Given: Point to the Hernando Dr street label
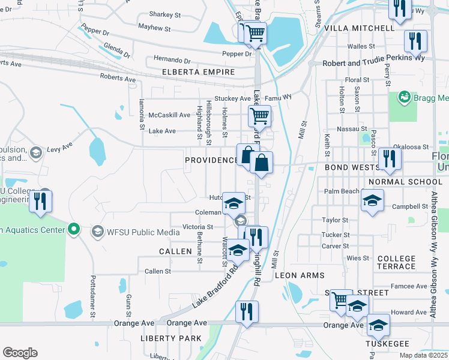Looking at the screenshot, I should click(172, 61).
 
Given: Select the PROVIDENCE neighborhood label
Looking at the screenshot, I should click(211, 160).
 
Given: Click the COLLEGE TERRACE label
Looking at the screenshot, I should click(396, 262).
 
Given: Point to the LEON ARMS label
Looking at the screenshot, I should click(300, 275).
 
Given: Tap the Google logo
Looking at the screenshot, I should click(20, 353).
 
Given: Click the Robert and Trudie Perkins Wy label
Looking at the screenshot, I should click(373, 58).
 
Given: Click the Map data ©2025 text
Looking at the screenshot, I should click(423, 355).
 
